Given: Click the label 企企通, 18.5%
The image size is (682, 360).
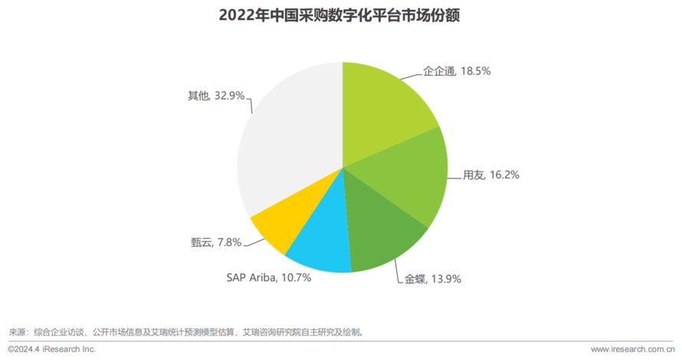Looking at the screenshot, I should [x=457, y=70].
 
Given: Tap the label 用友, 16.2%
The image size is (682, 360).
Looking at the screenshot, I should [x=491, y=175].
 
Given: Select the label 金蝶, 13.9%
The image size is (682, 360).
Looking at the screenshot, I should [x=432, y=280].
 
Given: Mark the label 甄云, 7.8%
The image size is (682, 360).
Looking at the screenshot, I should [x=216, y=242].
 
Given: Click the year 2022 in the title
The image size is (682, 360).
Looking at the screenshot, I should [x=236, y=15].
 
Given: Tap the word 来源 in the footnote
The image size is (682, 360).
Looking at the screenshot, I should [x=17, y=332].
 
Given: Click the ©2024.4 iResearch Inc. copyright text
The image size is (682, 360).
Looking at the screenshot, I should [x=52, y=349].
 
